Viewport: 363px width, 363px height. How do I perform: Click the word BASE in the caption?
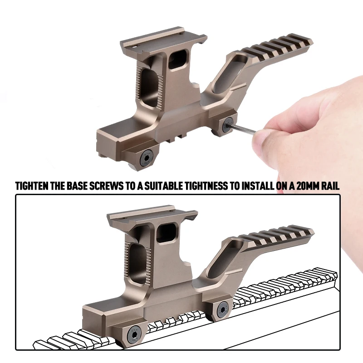(x=79, y=186)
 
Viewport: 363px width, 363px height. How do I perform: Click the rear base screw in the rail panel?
(x=222, y=310)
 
